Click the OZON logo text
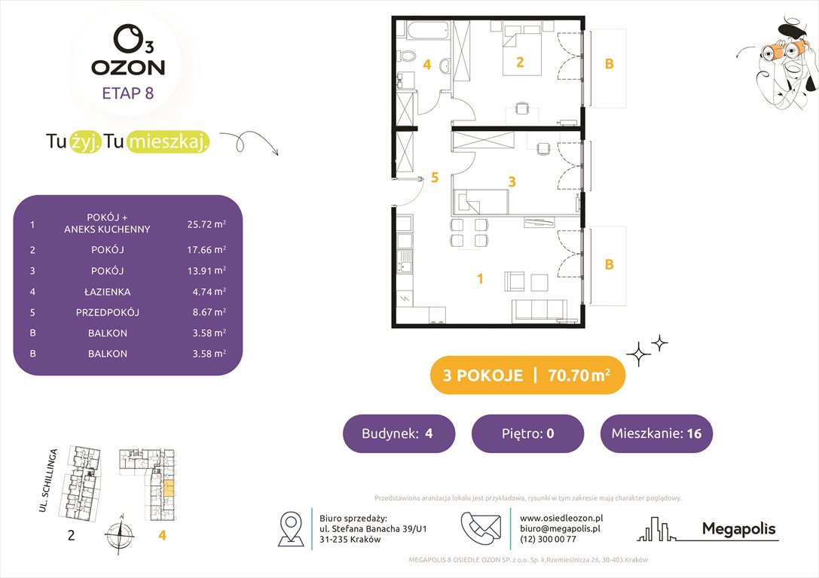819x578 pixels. tap(128, 67)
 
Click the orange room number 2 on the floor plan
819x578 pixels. tap(519, 62)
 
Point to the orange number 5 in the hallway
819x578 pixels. tap(434, 178)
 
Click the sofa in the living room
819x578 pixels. tap(539, 311)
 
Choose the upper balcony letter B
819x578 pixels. tap(609, 64)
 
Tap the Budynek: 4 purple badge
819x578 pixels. tap(399, 433)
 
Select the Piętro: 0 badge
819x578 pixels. tap(527, 433)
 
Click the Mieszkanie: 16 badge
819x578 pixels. tap(656, 433)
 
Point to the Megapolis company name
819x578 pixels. tap(738, 529)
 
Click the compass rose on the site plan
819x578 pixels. tap(119, 535)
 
